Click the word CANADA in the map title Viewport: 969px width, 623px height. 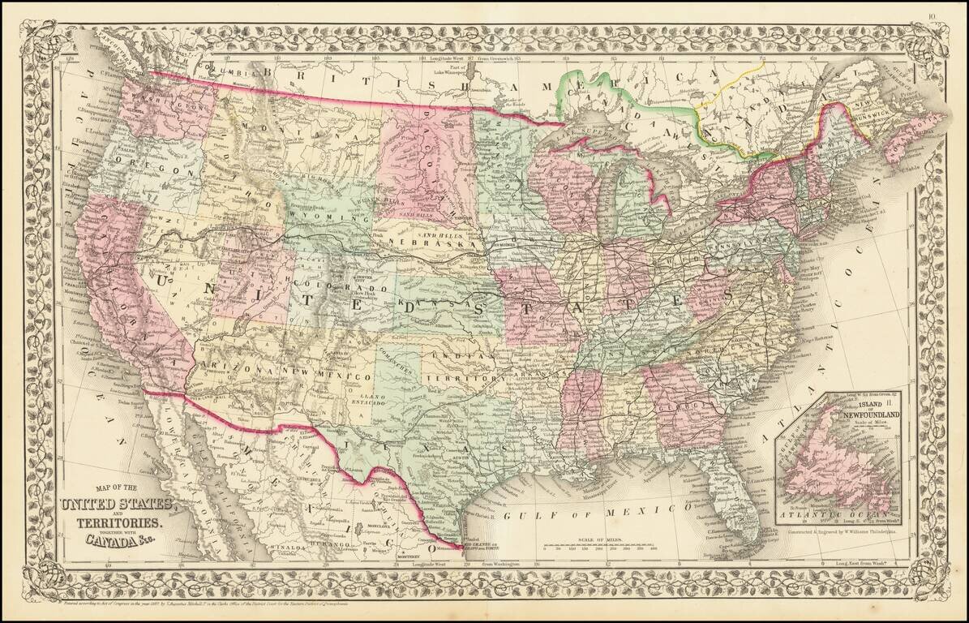[91, 536]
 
